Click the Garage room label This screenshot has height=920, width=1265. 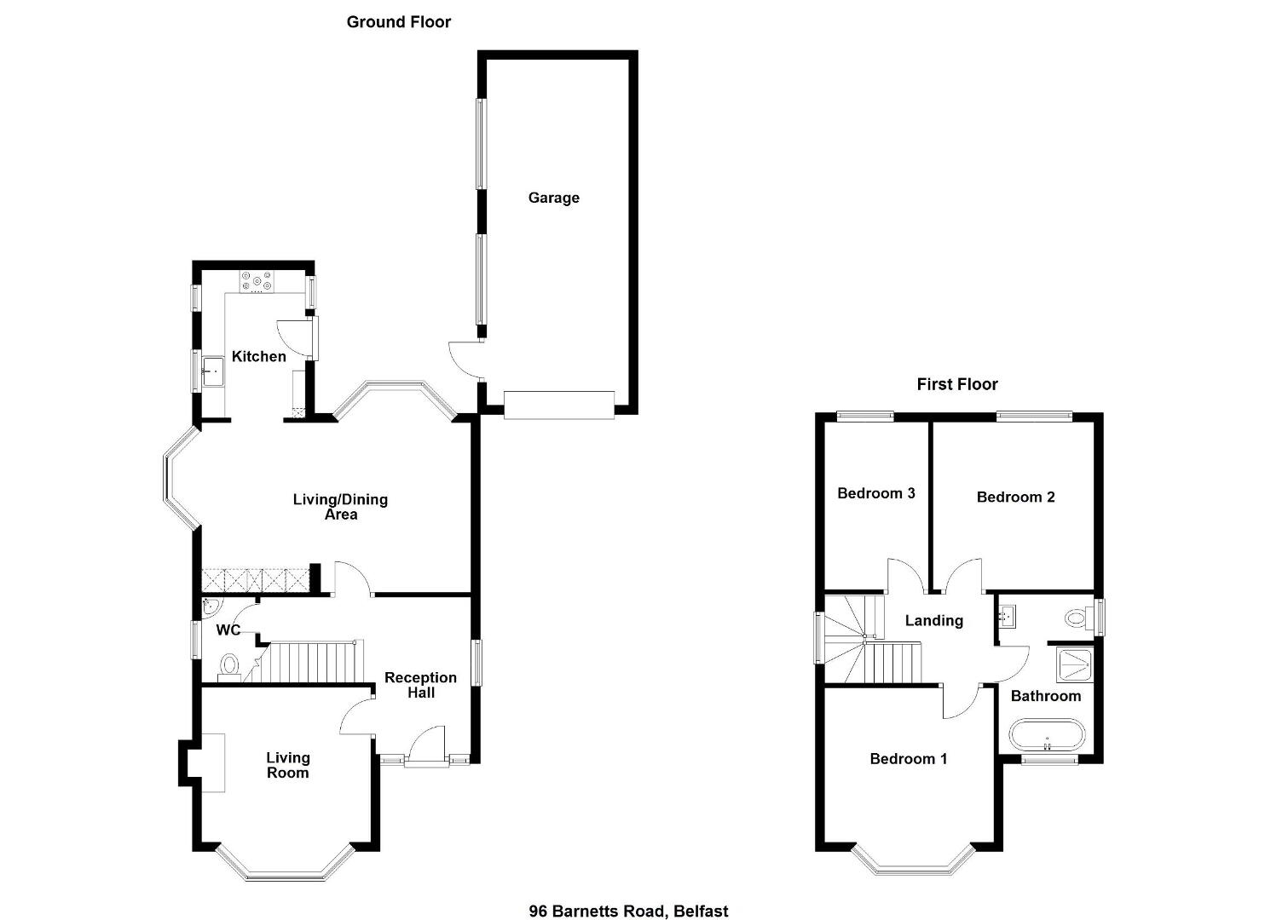(553, 198)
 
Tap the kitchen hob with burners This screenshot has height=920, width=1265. (257, 282)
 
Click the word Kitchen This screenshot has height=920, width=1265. (258, 356)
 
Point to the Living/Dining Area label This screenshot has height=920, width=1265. (340, 506)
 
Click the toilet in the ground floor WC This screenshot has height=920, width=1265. (229, 665)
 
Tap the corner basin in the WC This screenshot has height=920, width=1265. (211, 607)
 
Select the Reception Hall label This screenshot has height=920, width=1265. (421, 685)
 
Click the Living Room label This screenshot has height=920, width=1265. (288, 765)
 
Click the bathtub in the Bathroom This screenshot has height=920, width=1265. (1047, 735)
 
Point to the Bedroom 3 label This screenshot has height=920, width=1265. (876, 493)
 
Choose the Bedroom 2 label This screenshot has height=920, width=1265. (1015, 497)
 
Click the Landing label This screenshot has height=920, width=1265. (934, 621)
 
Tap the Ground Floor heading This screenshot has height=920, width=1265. (399, 22)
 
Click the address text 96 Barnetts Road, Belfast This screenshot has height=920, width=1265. (628, 895)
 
